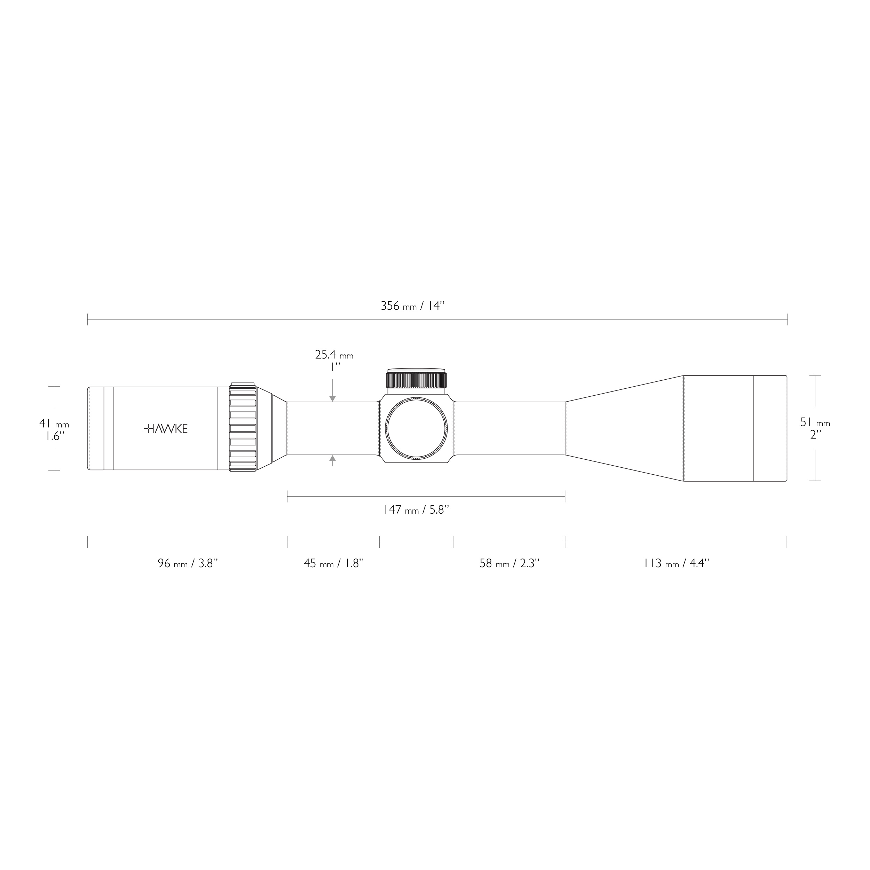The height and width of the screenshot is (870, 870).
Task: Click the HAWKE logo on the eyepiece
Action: [x=165, y=429]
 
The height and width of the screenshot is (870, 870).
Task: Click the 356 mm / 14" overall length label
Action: [x=412, y=306]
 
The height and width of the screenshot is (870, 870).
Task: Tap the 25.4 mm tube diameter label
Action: [x=334, y=355]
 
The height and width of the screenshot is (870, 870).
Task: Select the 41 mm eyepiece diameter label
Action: [x=54, y=424]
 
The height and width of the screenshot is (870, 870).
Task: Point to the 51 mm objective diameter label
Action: [x=815, y=422]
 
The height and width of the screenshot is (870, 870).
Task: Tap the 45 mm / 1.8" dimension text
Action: [x=334, y=563]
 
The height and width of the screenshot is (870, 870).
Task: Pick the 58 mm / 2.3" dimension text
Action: [x=509, y=563]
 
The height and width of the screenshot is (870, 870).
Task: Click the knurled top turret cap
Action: [x=417, y=380]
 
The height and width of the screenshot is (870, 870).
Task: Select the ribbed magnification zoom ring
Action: [x=243, y=428]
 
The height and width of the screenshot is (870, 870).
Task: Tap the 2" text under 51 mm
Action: [x=815, y=435]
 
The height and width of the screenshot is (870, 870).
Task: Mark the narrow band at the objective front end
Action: [x=770, y=428]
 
